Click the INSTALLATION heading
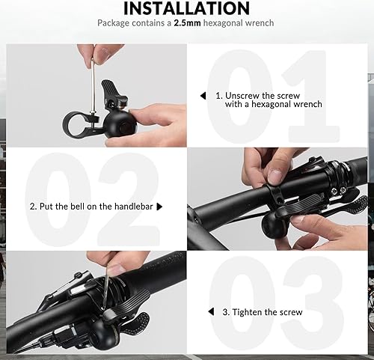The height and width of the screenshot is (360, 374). [x=186, y=8]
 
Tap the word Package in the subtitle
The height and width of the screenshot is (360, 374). [x=114, y=23]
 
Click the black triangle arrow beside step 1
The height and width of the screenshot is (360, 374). [x=202, y=96]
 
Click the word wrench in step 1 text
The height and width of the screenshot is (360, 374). [x=308, y=105]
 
